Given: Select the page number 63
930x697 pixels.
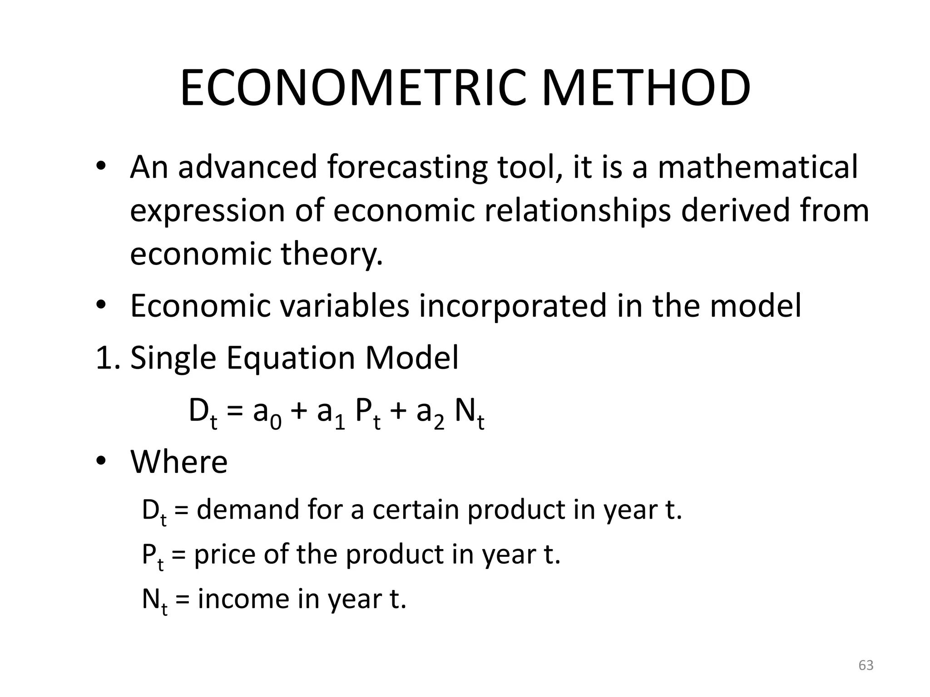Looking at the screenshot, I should tap(866, 665).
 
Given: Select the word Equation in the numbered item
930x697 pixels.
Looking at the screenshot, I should tap(291, 358).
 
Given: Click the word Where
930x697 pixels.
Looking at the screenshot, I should tap(179, 462).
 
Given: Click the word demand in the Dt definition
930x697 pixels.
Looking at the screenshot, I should tap(248, 510).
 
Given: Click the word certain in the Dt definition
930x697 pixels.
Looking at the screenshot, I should tap(416, 510).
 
